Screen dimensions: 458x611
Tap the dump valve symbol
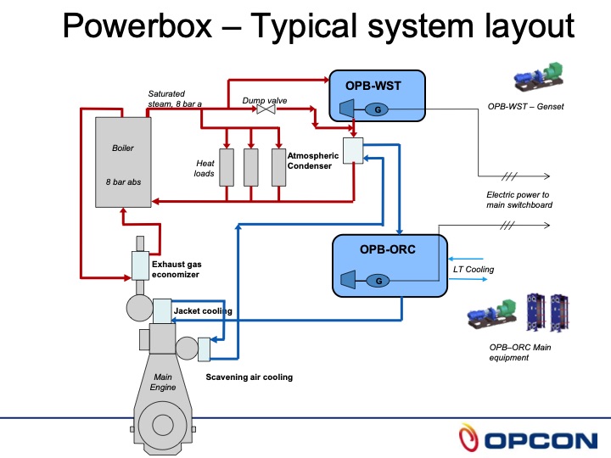point(265,111)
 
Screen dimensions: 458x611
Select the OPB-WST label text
point(373,86)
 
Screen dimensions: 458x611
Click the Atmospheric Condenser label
point(313,161)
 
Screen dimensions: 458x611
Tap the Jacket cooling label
point(203,311)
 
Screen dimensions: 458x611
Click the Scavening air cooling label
point(249,377)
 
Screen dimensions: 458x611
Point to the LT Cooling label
point(473,270)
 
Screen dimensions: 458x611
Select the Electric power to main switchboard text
point(518,200)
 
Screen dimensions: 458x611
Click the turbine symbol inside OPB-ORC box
point(346,279)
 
